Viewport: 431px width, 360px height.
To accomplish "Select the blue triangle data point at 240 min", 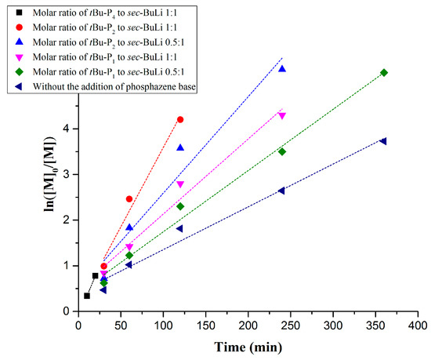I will (282, 69).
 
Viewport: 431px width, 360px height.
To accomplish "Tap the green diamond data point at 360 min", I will (384, 73).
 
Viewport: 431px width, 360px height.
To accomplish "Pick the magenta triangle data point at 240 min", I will (282, 116).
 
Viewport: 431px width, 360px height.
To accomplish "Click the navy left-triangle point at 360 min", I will (383, 141).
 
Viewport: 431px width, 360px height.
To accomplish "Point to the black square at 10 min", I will (87, 296).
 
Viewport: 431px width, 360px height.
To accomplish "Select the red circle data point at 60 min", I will (129, 199).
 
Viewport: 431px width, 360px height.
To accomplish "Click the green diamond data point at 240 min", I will (282, 151).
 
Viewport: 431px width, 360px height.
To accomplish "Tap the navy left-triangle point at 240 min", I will (281, 191).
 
